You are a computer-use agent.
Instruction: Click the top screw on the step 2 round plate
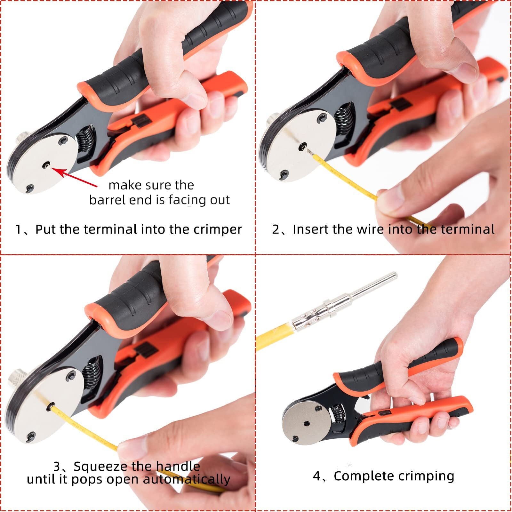(321, 119)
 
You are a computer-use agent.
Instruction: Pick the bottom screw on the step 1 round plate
(30, 188)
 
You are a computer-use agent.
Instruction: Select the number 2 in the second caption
(276, 230)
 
